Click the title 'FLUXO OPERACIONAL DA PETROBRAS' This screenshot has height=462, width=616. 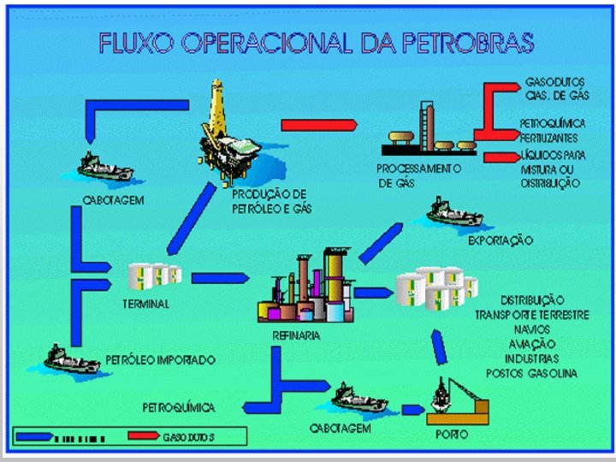point(316,43)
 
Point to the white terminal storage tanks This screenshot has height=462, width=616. point(154,275)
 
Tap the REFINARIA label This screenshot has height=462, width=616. point(296,335)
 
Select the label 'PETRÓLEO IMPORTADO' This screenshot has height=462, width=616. point(160,359)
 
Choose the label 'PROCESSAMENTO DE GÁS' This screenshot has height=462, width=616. point(418,175)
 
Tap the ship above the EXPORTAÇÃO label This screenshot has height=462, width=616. point(455,215)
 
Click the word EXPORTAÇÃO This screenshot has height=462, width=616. point(500,241)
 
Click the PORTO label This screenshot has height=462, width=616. point(451,434)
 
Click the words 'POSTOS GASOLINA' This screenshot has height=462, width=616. point(531,373)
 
